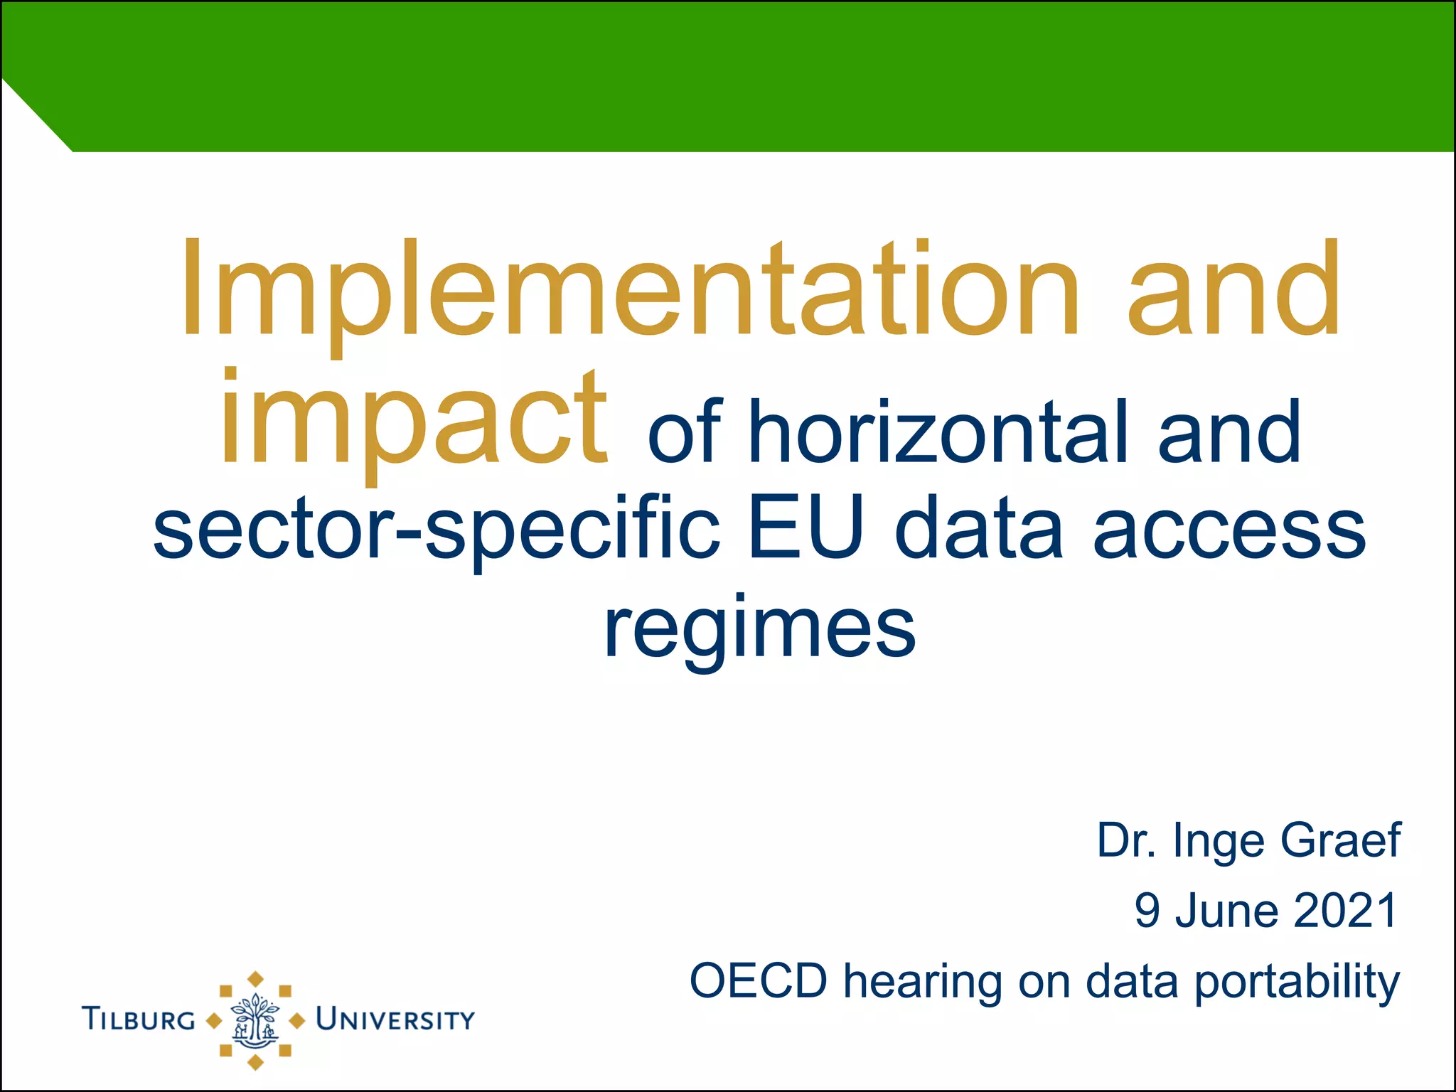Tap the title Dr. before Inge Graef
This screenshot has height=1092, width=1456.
(1127, 840)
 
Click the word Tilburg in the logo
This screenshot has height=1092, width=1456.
(139, 1019)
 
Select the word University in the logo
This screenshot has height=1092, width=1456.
(395, 1019)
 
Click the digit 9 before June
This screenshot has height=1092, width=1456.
(1147, 911)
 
